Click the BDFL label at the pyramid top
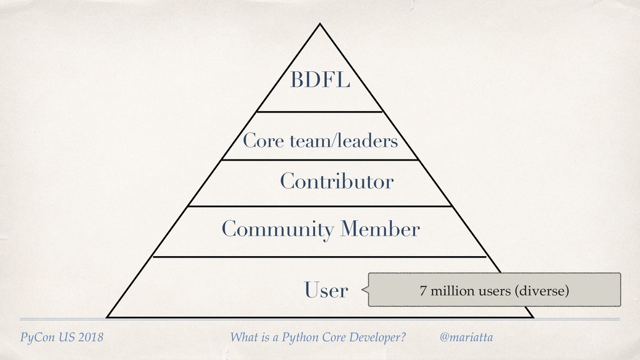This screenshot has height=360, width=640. coord(319,81)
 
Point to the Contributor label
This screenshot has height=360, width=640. coord(336,182)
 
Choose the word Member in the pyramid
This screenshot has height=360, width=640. coord(379,229)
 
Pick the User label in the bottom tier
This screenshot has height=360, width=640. coord(326,290)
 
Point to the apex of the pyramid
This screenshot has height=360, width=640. coord(320,24)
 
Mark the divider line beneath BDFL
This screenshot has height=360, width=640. coord(319,112)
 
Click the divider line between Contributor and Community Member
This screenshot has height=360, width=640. coord(319,206)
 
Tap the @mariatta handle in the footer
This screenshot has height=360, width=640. coord(466,337)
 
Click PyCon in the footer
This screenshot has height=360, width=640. coord(36,338)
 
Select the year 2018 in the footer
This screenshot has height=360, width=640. coord(89,338)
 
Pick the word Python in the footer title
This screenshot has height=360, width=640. coord(301,338)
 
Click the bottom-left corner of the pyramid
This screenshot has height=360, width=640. coord(107,317)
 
